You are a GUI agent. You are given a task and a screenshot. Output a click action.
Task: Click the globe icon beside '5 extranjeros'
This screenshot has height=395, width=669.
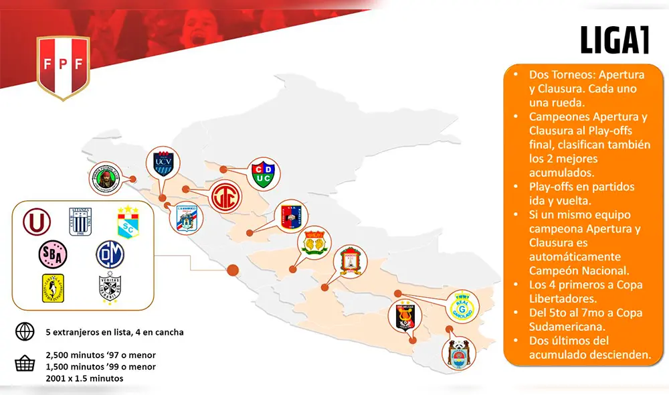25,331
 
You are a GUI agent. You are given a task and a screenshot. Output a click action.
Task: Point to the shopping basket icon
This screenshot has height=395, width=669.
25,364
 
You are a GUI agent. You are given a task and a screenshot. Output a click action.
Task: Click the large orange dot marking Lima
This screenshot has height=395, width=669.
233,270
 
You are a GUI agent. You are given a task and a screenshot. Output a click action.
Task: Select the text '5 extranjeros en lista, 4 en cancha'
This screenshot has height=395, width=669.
114,332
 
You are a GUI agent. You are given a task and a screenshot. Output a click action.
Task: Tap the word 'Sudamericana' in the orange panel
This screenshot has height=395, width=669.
569,327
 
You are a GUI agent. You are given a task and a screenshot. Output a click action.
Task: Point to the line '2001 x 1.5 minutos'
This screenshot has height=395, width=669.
85,379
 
